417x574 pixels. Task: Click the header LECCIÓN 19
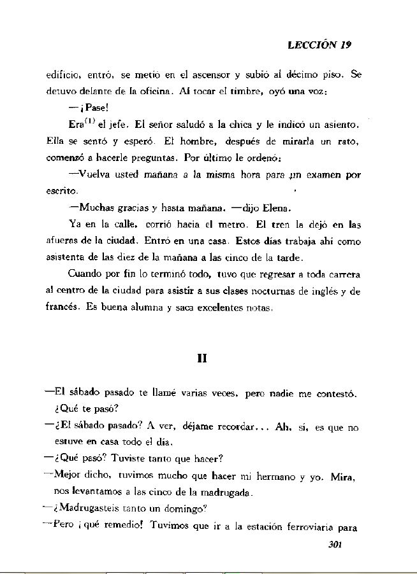pyautogui.click(x=319, y=45)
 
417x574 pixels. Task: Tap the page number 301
pyautogui.click(x=335, y=544)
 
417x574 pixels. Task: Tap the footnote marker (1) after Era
pyautogui.click(x=86, y=118)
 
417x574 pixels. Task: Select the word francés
pyautogui.click(x=62, y=307)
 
